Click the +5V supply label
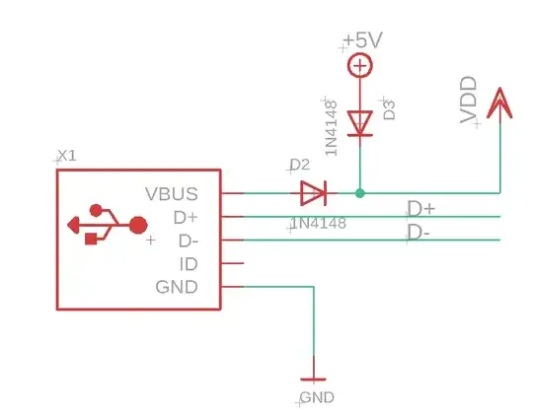[362, 41]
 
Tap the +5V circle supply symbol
[360, 66]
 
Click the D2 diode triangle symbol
[313, 191]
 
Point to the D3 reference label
[389, 108]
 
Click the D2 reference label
[299, 165]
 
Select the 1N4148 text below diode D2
[318, 224]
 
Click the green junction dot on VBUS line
[360, 192]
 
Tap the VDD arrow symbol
[499, 103]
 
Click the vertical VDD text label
[470, 102]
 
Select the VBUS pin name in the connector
[171, 193]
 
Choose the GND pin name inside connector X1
[177, 287]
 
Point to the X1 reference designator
[67, 157]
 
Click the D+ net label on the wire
[421, 209]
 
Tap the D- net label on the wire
[419, 232]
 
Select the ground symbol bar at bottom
[314, 379]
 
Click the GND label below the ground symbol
[317, 397]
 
